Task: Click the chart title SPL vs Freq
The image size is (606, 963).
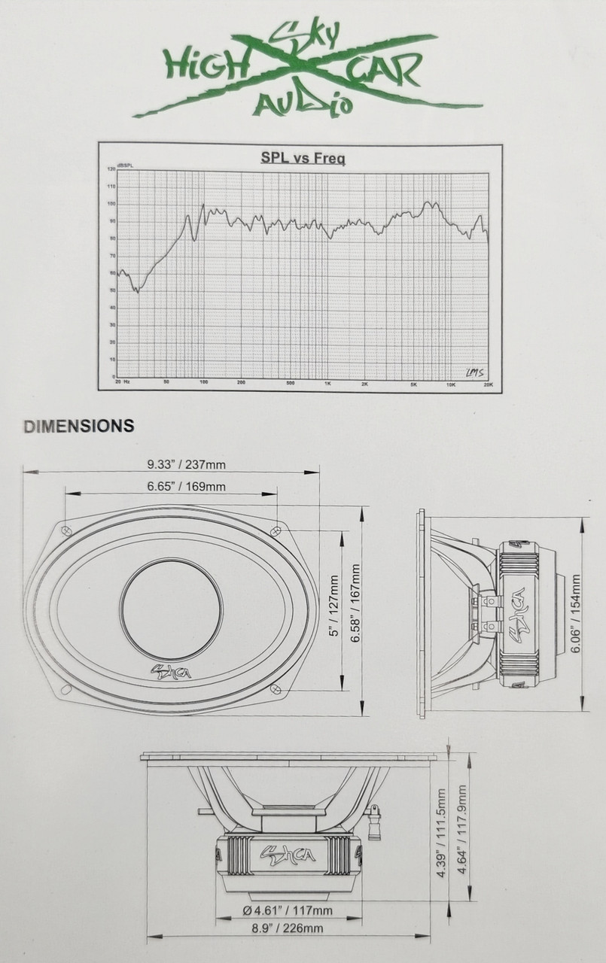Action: point(303,158)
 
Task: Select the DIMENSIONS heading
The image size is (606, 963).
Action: point(79,427)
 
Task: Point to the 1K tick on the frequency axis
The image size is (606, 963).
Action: point(327,384)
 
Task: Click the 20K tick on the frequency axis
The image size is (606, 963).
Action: point(487,384)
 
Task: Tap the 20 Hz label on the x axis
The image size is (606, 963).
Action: point(123,383)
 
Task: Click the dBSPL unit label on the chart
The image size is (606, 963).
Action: point(124,165)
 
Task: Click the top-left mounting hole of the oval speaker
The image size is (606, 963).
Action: point(66,530)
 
